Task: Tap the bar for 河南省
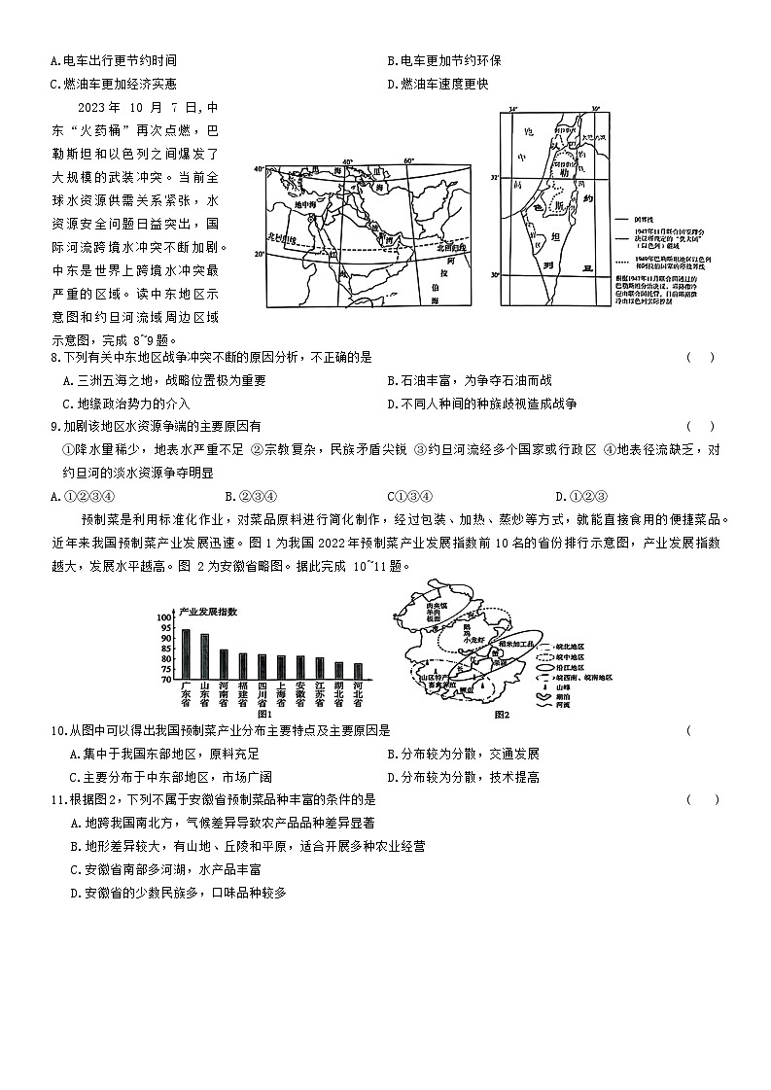(x=224, y=664)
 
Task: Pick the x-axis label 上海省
(x=281, y=697)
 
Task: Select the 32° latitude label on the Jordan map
(x=495, y=178)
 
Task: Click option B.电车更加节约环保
(x=443, y=60)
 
